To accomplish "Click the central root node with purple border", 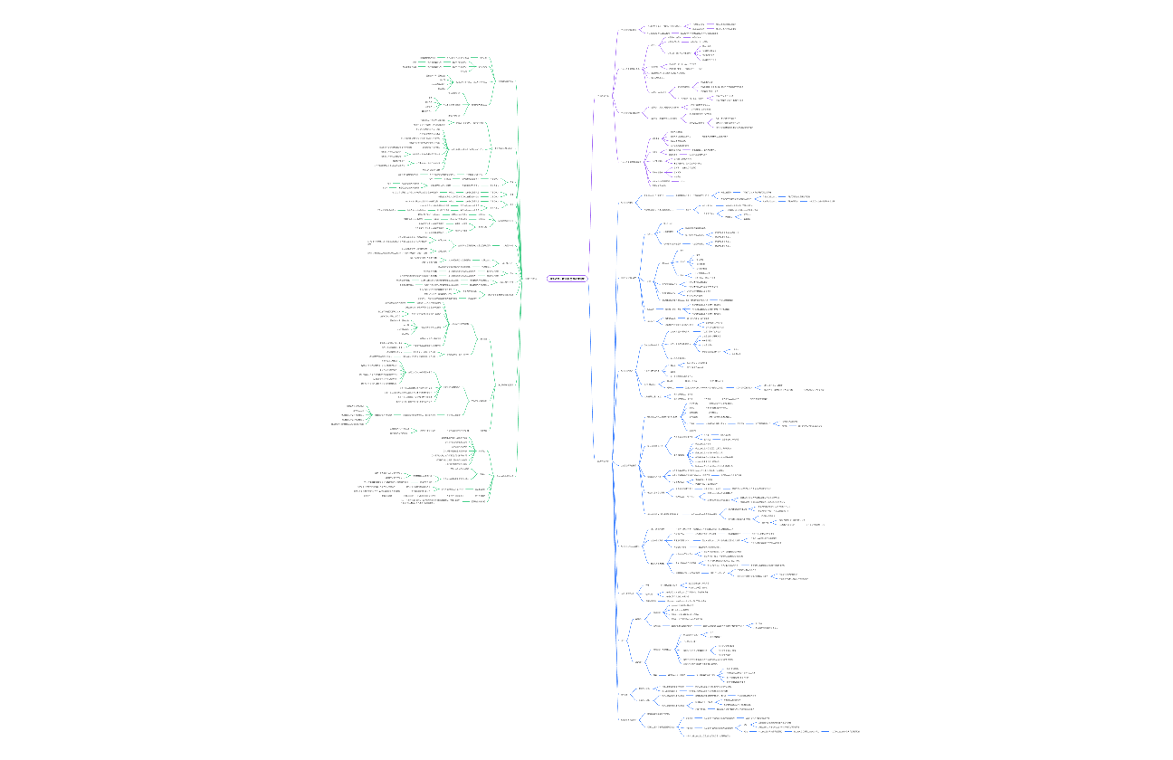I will (567, 279).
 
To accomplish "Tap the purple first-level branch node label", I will (602, 96).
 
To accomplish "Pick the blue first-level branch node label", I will (602, 461).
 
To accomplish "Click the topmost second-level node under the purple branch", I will (628, 30).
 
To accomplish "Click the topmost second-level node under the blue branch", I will (625, 203).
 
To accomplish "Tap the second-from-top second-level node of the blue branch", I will (628, 278).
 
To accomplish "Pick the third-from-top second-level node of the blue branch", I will (626, 371).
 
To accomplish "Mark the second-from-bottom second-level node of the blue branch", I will (625, 695).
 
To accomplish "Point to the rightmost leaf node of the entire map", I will (845, 730).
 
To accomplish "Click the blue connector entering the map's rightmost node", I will (825, 730).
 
